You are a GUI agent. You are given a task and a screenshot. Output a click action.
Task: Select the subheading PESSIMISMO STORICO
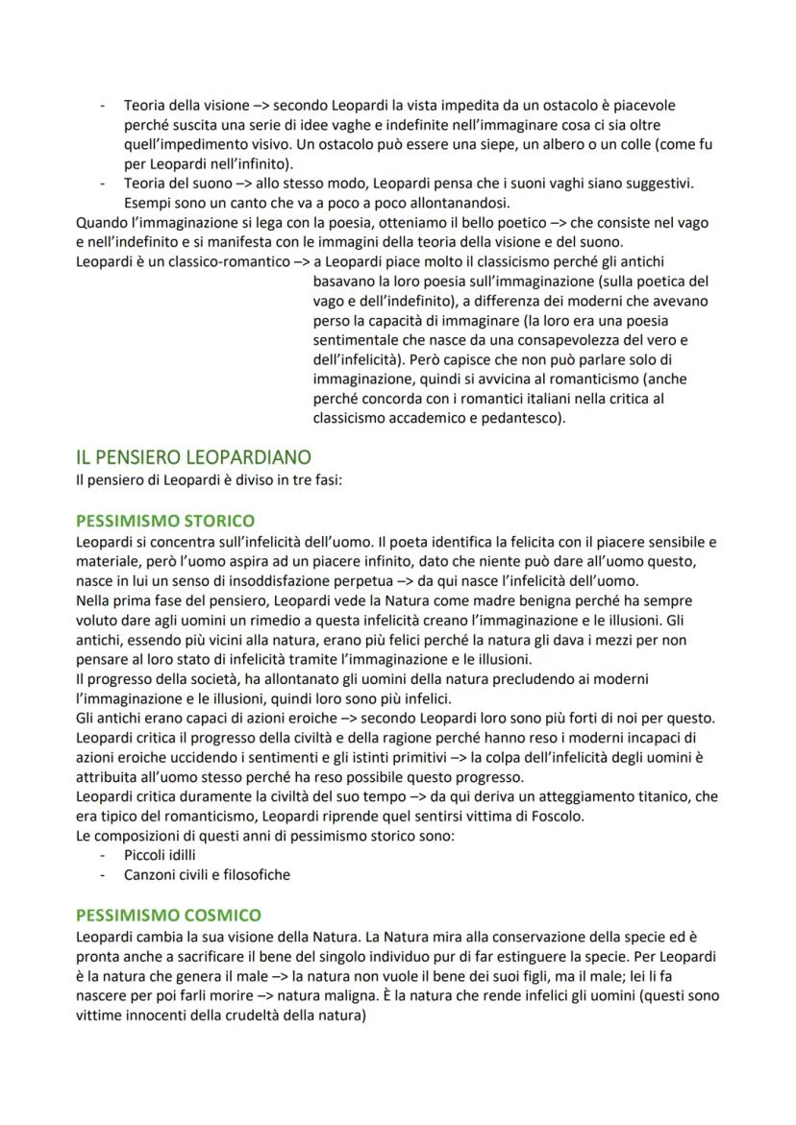coord(164,522)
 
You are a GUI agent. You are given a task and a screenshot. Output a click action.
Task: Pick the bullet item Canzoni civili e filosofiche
coord(207,874)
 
